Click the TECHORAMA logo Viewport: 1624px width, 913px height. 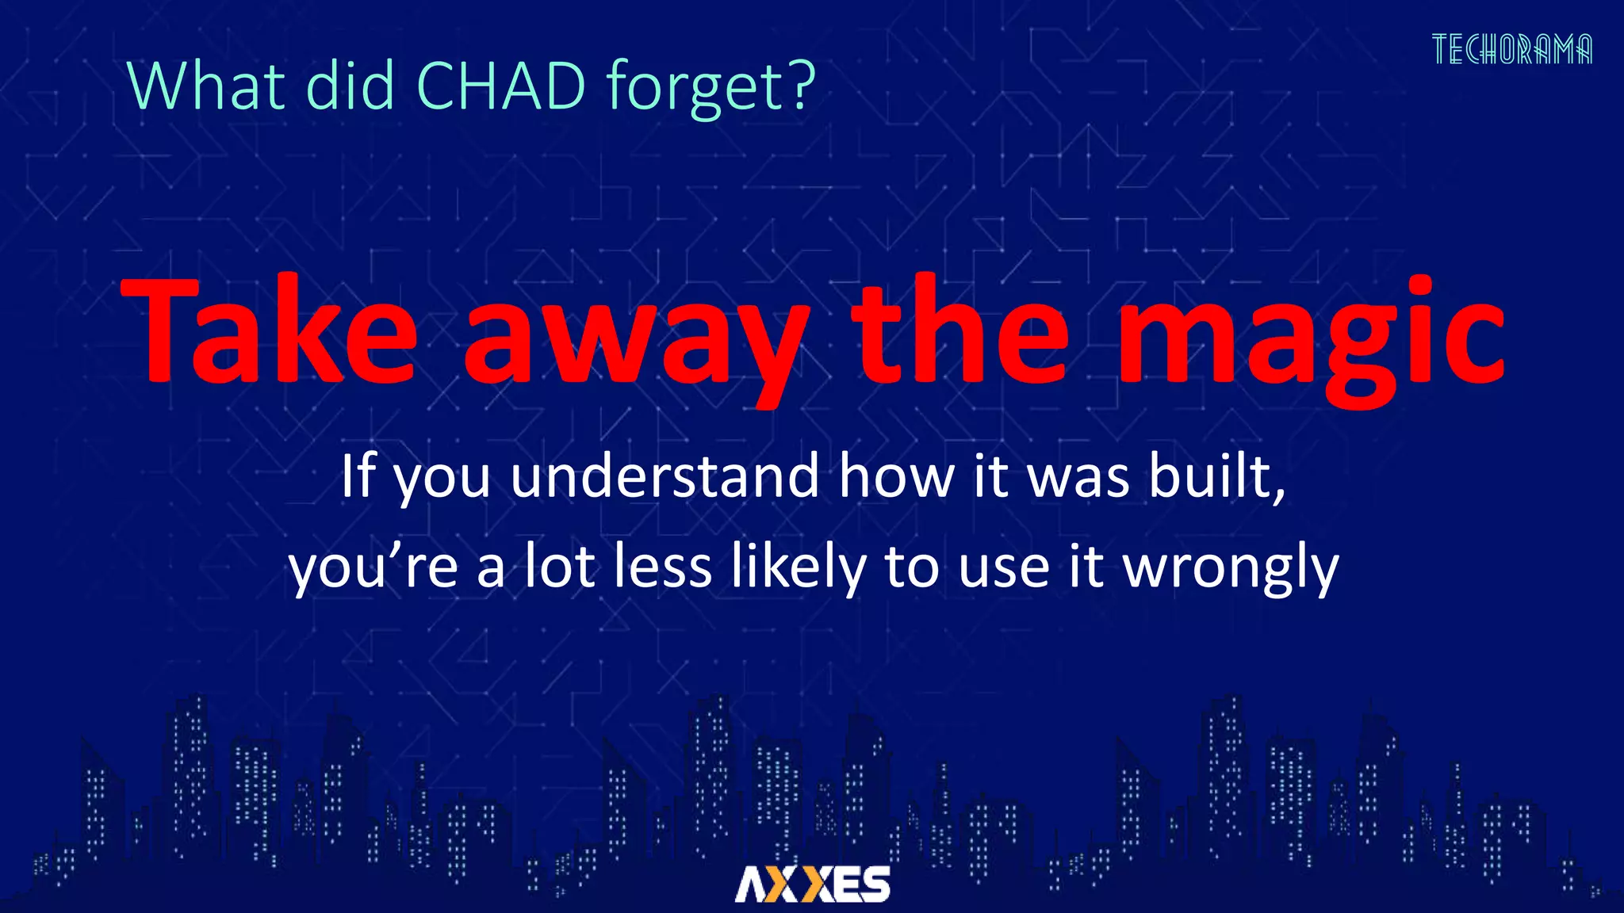click(x=1511, y=49)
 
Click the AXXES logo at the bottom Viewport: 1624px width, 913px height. click(x=812, y=884)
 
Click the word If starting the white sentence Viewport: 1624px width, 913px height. click(x=358, y=476)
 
